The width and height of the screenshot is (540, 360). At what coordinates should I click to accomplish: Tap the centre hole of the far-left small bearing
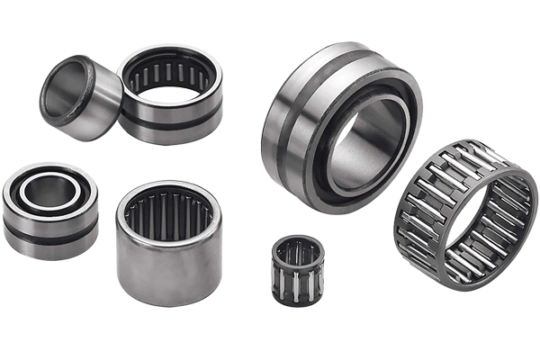(49, 192)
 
